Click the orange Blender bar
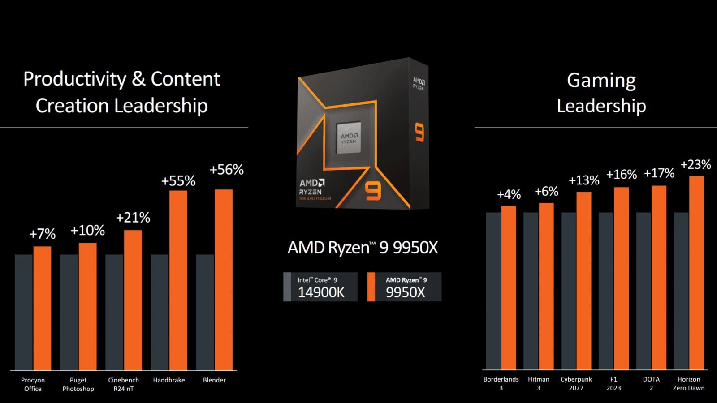(x=224, y=280)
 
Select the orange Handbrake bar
(x=178, y=280)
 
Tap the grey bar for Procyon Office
(x=24, y=313)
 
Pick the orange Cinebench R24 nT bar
(x=133, y=300)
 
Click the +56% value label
(x=227, y=170)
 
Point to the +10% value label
(x=87, y=230)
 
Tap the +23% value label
(x=695, y=165)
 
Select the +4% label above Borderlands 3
(x=509, y=194)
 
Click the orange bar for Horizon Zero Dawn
(x=696, y=273)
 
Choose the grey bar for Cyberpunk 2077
(x=569, y=291)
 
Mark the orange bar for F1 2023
(x=621, y=278)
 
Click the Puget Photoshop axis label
(x=78, y=385)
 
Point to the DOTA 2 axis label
(x=651, y=383)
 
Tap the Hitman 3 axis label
(x=538, y=383)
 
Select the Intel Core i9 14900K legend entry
(x=320, y=287)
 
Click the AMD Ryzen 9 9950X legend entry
(x=404, y=287)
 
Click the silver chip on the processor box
(x=349, y=137)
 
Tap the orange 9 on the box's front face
(x=373, y=192)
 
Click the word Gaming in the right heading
(x=601, y=81)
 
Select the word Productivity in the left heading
(x=75, y=79)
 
